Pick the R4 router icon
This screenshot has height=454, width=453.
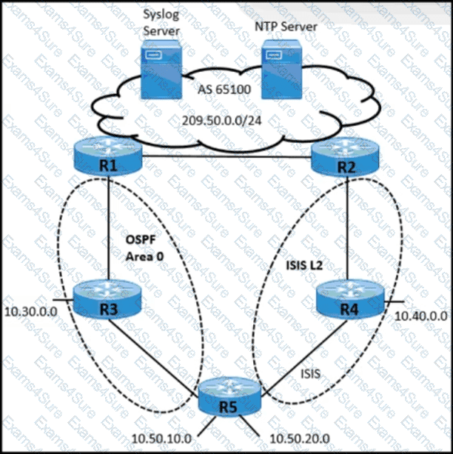(x=346, y=298)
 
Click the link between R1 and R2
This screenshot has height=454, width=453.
(x=229, y=156)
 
